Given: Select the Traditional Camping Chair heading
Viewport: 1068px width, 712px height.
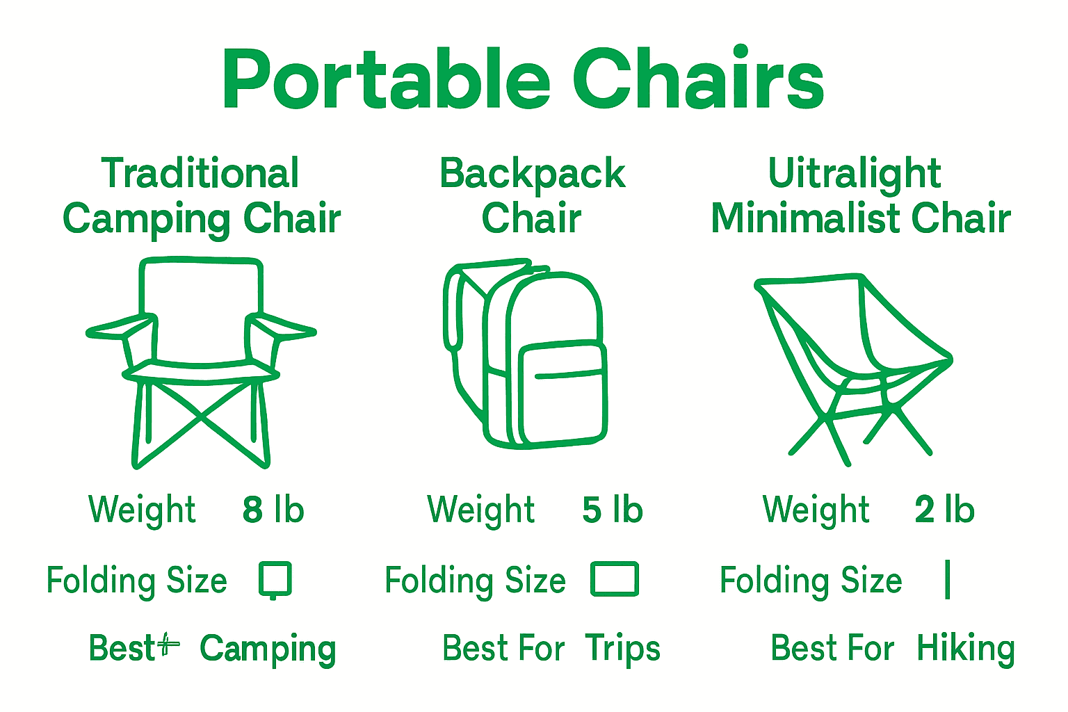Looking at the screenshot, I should (201, 196).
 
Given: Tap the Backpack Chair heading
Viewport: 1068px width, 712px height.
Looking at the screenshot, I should (533, 196).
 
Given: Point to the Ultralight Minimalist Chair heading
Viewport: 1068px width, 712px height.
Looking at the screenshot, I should (859, 196).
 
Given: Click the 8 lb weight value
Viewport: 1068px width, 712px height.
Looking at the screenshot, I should (273, 510).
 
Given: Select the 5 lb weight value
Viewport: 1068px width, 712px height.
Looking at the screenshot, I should (612, 510).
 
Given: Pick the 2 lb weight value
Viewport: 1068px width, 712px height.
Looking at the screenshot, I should (944, 510).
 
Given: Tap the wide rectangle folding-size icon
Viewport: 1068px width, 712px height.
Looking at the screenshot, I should (615, 579).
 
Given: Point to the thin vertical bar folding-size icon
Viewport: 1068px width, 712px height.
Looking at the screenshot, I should (948, 579).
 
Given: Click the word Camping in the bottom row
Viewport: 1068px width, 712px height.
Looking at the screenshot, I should (268, 649).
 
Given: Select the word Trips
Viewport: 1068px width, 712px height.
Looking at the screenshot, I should (622, 649).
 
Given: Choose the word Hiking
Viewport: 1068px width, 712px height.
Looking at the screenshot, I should (966, 649).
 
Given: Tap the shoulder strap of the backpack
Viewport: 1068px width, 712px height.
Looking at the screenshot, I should (453, 309).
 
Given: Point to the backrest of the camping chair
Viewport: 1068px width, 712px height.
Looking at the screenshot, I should (201, 309).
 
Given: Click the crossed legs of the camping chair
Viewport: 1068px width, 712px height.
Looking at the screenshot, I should (201, 417).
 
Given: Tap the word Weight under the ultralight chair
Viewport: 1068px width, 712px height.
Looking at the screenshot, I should (816, 510).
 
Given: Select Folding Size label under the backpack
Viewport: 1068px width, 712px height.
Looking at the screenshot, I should (476, 581).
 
